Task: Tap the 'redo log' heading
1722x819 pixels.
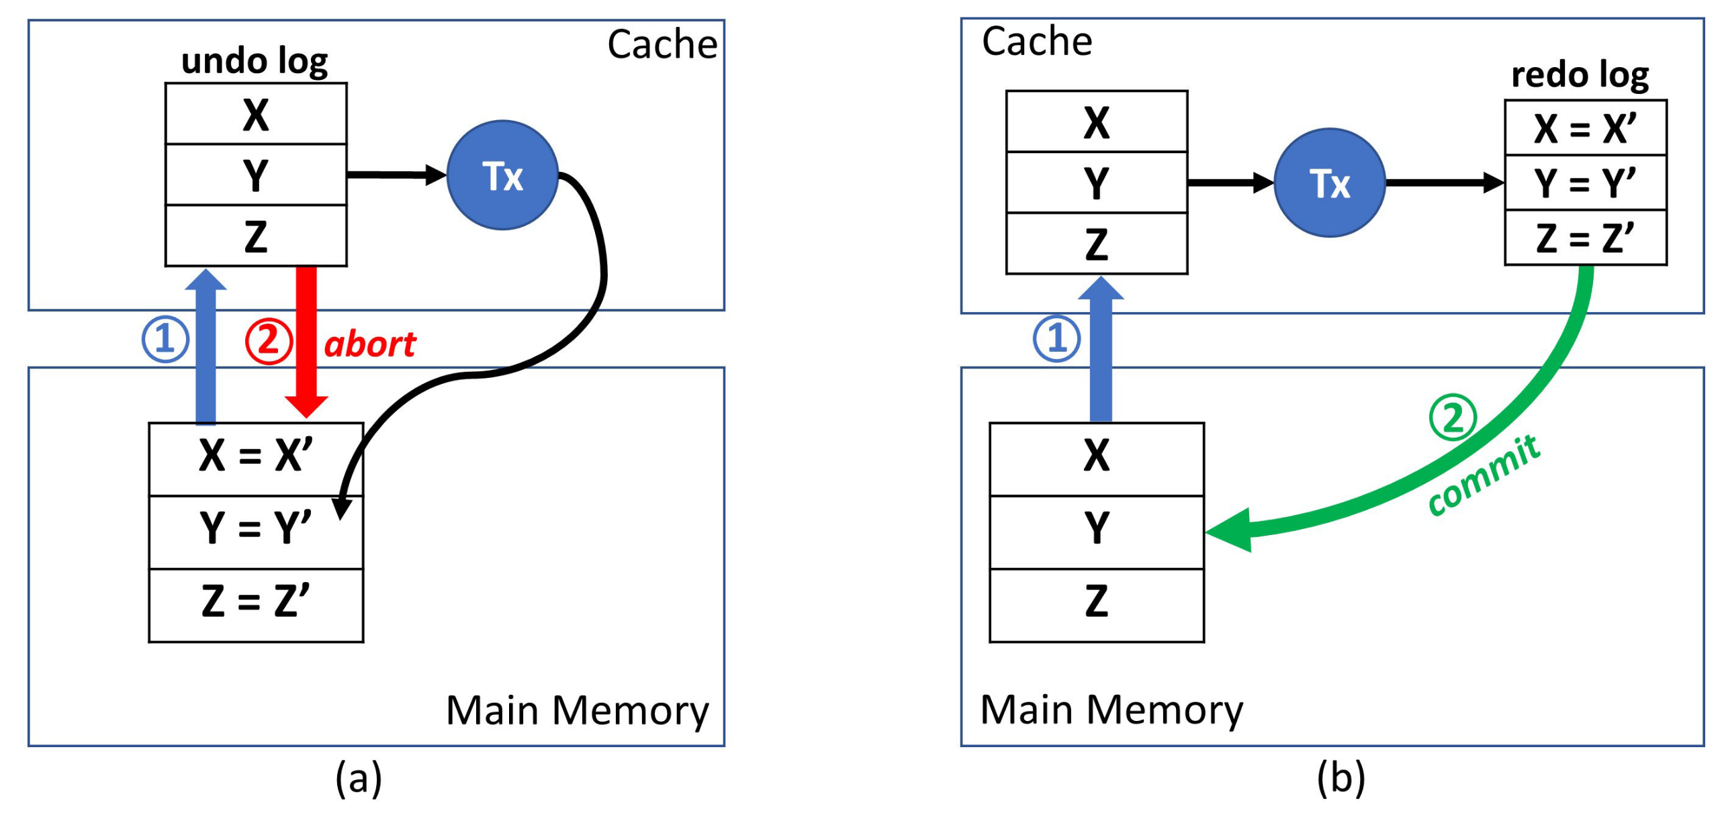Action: point(1580,75)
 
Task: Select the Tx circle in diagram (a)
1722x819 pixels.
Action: point(502,176)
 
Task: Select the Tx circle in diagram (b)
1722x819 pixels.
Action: point(1329,183)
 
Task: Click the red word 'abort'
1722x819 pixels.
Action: point(370,345)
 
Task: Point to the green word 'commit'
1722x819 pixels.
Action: point(1483,475)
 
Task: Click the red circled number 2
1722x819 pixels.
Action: point(268,341)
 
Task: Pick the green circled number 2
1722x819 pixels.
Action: point(1452,418)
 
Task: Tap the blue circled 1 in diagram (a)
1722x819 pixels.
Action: point(165,339)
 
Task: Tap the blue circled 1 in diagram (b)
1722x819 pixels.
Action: point(1056,338)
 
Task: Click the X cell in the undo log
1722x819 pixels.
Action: point(256,114)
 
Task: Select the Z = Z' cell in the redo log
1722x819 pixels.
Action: point(1585,238)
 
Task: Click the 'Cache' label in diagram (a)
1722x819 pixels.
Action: point(662,45)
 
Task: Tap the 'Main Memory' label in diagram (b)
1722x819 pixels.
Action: point(1112,710)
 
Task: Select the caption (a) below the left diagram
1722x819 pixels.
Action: point(359,779)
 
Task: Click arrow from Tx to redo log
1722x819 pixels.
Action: point(1444,183)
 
